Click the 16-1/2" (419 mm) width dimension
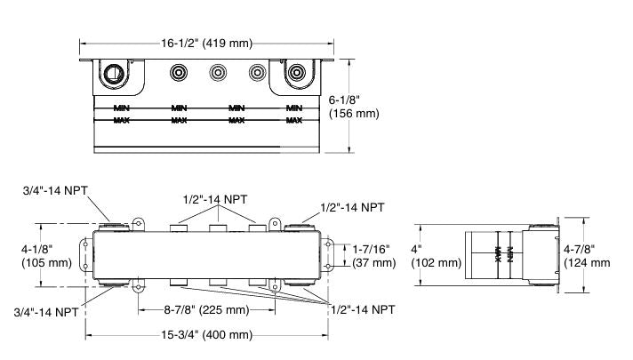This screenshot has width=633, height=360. pyautogui.click(x=208, y=41)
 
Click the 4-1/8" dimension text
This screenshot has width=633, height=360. pyautogui.click(x=38, y=249)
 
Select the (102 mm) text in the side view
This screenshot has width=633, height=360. pyautogui.click(x=437, y=263)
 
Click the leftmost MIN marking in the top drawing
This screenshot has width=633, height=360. pyautogui.click(x=122, y=108)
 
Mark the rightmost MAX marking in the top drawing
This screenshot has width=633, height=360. pyautogui.click(x=293, y=119)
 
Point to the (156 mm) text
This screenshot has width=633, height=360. pyautogui.click(x=354, y=113)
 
